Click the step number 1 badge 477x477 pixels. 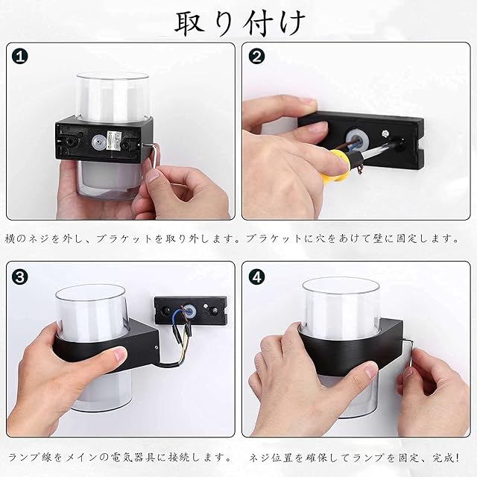click(x=20, y=57)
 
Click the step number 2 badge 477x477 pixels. click(x=256, y=57)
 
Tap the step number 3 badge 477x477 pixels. click(x=20, y=277)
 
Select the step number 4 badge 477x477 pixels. click(x=256, y=277)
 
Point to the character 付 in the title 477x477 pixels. click(x=258, y=23)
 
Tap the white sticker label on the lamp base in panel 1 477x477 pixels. click(x=114, y=141)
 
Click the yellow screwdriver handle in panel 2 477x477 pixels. click(x=338, y=165)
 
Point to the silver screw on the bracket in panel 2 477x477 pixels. click(x=386, y=133)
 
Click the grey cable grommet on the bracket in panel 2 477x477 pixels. click(x=357, y=139)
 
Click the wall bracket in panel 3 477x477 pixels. click(x=191, y=311)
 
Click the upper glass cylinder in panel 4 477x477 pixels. click(x=341, y=306)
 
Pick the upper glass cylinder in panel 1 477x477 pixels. click(x=113, y=97)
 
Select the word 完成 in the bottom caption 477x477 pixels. click(x=443, y=458)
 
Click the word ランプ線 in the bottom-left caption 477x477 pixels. click(x=31, y=458)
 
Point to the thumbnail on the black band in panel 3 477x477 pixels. click(x=118, y=355)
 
